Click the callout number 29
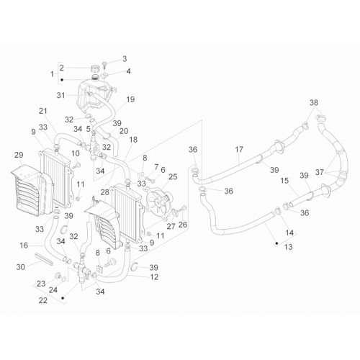pos(19,155)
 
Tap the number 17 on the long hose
pos(239,150)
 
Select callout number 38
pos(314,103)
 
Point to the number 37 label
pos(320,172)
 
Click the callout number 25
pos(173,176)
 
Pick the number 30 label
pos(21,266)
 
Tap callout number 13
pos(288,246)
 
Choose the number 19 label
pos(130,99)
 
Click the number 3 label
pos(125,59)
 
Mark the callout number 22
pos(43,300)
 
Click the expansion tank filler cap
pos(95,68)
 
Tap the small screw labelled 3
pos(105,65)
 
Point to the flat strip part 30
pos(44,258)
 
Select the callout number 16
pos(24,246)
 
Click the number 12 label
pos(154,277)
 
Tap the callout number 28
pos(105,192)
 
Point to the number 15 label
pos(284,181)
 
